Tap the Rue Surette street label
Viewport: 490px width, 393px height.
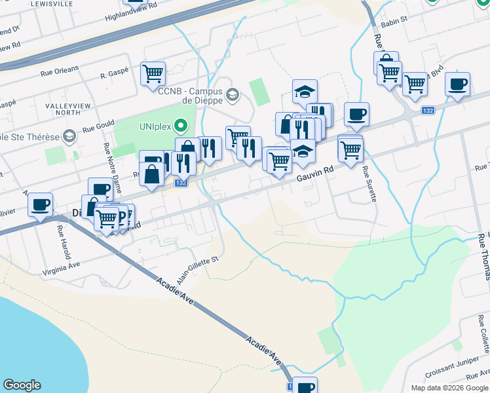coord(370,185)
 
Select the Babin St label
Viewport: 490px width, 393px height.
coord(395,19)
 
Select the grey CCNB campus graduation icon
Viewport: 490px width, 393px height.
coord(232,96)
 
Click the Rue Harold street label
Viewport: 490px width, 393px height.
coord(64,242)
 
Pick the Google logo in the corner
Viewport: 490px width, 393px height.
coord(22,385)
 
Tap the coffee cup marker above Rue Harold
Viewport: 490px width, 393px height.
coord(40,205)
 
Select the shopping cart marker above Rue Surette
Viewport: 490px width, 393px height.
coord(350,149)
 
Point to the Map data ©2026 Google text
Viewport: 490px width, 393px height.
coord(449,388)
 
